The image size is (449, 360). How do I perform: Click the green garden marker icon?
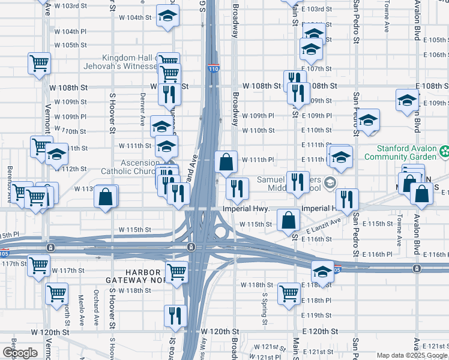pyautogui.click(x=444, y=152)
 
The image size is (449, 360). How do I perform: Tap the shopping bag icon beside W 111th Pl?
pyautogui.click(x=226, y=162)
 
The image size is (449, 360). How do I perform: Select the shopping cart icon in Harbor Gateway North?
pyautogui.click(x=177, y=272)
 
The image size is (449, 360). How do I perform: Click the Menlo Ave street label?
pyautogui.click(x=80, y=308)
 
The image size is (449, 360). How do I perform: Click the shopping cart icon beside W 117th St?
pyautogui.click(x=38, y=264)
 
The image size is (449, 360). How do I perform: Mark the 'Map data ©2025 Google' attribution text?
pyautogui.click(x=412, y=355)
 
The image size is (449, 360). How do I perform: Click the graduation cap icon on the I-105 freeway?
pyautogui.click(x=322, y=272)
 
